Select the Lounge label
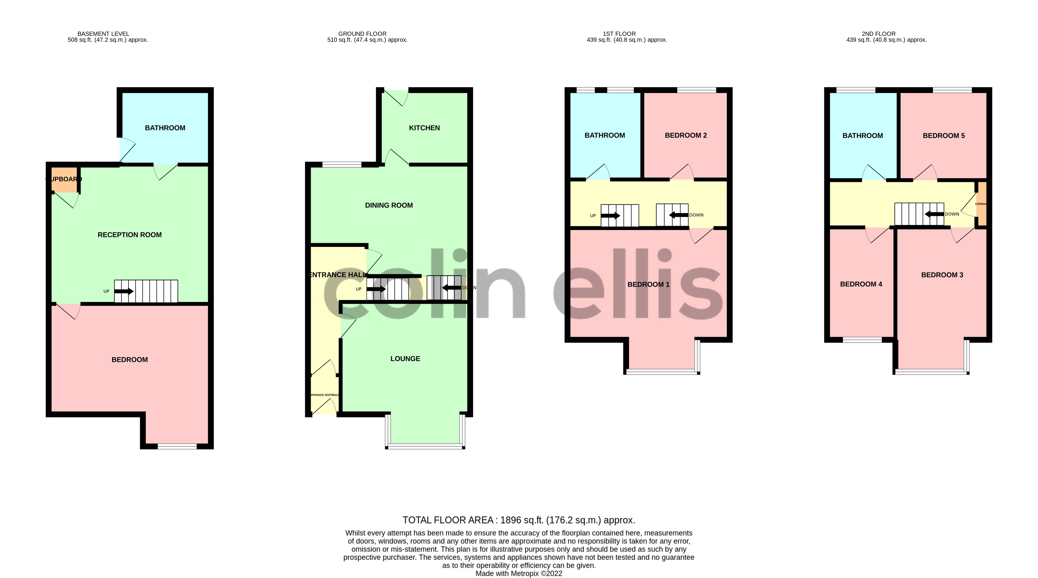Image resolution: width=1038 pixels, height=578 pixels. tap(405, 358)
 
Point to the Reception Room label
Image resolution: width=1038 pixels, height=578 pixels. tap(129, 234)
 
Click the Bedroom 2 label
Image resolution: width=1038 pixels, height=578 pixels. tap(685, 135)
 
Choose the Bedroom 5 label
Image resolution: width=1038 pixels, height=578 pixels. tap(943, 135)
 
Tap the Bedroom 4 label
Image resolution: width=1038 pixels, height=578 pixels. tap(861, 284)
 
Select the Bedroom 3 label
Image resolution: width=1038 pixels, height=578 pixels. tap(942, 275)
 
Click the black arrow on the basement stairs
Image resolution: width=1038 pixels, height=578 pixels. tap(125, 291)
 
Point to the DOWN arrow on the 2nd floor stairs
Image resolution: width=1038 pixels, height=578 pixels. tap(934, 214)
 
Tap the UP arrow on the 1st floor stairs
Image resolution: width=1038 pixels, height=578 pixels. tap(611, 215)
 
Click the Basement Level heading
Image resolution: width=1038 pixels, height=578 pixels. tap(103, 34)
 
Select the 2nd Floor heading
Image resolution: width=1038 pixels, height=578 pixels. tap(878, 34)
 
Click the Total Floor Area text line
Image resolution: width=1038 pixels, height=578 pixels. tap(519, 520)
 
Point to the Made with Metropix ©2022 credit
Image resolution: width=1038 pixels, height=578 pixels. tap(519, 574)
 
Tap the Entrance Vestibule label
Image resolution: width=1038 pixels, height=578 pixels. tap(324, 395)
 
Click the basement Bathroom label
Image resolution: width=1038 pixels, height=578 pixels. tap(165, 128)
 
